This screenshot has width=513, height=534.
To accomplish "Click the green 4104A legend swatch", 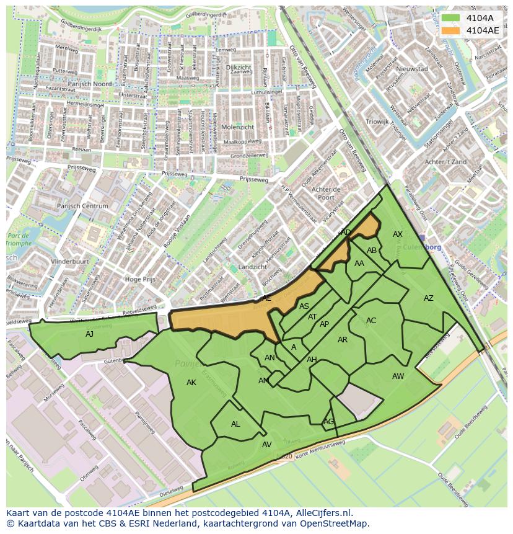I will coord(450,18).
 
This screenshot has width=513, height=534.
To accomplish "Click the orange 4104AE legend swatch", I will coord(450,30).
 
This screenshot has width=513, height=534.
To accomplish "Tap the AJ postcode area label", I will coord(90,334).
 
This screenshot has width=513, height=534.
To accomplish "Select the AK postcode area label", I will coord(191,383).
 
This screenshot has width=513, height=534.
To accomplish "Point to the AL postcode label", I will coord(235,424).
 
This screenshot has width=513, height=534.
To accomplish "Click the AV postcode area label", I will coord(267,445).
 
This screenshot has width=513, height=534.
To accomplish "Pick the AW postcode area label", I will coord(398,376).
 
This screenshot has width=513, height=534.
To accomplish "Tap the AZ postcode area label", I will coord(429,298).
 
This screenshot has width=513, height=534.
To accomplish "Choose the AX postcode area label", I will coord(398,234).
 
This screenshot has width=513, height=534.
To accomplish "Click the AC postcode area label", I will coord(371,321).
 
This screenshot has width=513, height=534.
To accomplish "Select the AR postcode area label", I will coord(343,340).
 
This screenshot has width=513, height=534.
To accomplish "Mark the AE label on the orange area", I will coord(266,298).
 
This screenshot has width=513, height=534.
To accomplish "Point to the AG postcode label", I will coord(328,422).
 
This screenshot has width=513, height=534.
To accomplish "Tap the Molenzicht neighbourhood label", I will coord(237,127).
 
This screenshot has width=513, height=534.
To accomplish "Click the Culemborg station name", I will coord(424,247).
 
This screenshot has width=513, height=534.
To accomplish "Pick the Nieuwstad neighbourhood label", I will coord(413,69).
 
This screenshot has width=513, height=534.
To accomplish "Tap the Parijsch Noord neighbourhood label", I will coord(90,84).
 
